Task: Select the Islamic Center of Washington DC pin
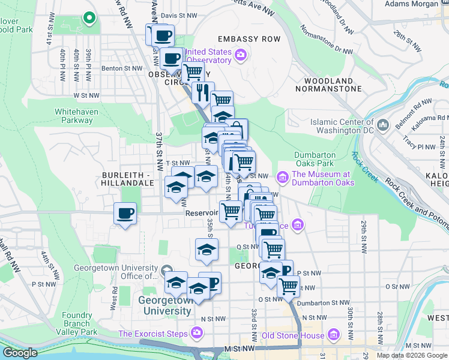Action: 384,126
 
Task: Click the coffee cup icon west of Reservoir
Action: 125,214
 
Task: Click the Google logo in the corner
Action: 20,353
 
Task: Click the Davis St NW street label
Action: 179,15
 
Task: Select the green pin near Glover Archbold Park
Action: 89,18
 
